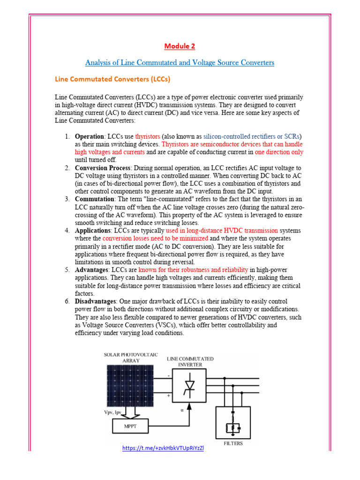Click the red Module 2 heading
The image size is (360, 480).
click(180, 46)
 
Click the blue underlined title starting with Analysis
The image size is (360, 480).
click(180, 62)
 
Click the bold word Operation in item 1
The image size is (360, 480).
click(89, 136)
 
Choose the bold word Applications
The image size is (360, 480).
click(93, 231)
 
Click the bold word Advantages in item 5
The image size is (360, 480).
click(92, 270)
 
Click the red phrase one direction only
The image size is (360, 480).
click(279, 152)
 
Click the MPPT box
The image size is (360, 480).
click(130, 426)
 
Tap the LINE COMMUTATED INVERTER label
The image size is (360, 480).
click(190, 361)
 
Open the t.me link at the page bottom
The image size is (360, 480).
click(163, 448)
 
